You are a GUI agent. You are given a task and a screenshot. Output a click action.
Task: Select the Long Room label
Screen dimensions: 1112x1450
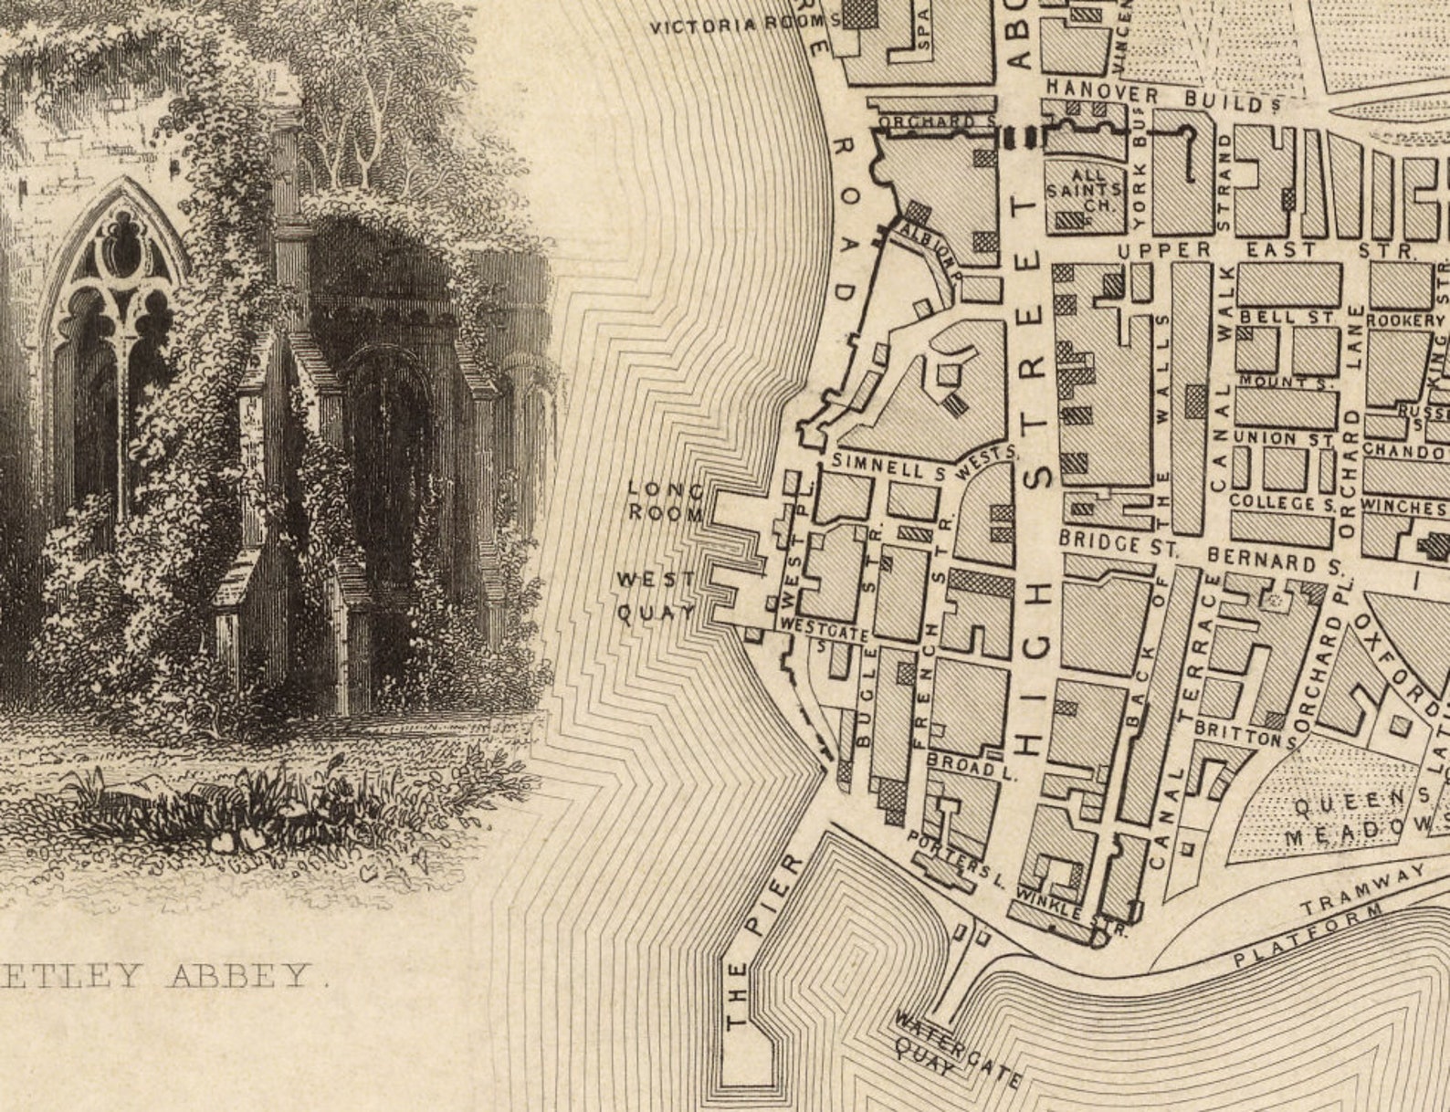pos(666,502)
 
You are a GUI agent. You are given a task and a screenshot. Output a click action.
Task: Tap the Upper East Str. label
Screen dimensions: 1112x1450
pos(1266,249)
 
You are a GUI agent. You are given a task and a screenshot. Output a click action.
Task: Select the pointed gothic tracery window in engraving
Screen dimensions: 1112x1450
pos(115,301)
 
